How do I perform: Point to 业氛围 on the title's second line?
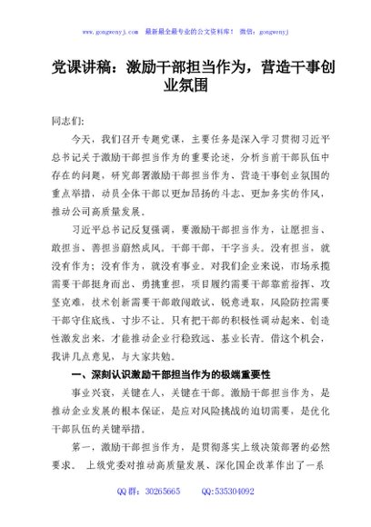(x=185, y=86)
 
